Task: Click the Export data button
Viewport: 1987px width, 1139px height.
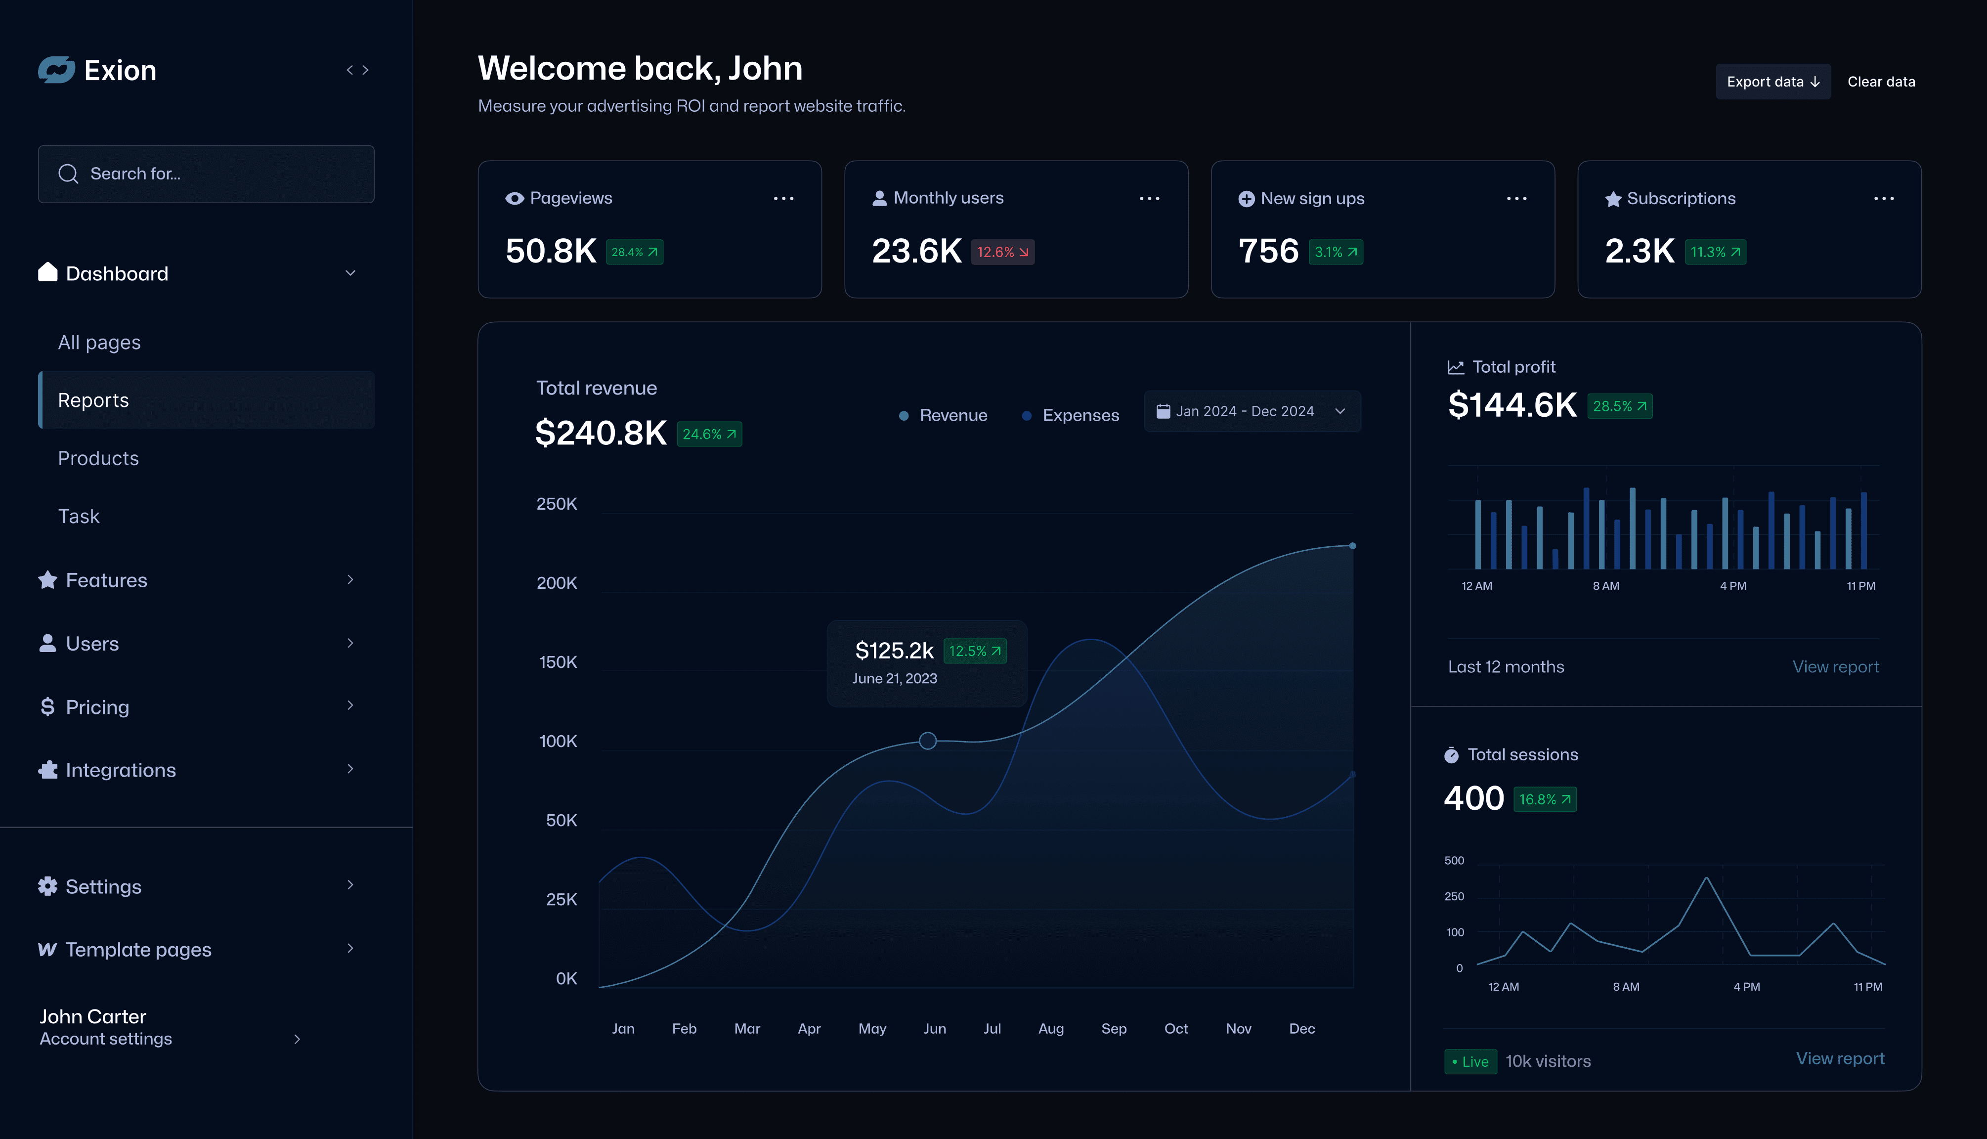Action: (1772, 82)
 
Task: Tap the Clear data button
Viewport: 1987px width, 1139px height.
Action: (1881, 82)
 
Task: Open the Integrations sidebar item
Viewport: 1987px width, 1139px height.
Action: (121, 770)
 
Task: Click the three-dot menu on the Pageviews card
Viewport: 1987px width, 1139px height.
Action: (783, 199)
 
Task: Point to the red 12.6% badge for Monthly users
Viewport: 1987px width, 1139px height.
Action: (1002, 252)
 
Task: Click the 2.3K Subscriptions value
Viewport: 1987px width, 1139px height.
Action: (1639, 251)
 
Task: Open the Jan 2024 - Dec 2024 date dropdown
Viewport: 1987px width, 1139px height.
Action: (1251, 411)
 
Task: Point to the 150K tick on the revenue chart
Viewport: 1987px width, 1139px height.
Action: (558, 662)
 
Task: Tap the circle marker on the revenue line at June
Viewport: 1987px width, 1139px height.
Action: (927, 740)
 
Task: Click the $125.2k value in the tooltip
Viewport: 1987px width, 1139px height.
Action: (894, 650)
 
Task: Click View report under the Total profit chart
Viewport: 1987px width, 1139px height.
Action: (1834, 666)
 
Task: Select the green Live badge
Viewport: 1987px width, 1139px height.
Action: (1470, 1061)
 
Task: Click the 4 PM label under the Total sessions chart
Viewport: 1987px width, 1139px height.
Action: (1746, 986)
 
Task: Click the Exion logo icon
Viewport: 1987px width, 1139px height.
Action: (56, 70)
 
